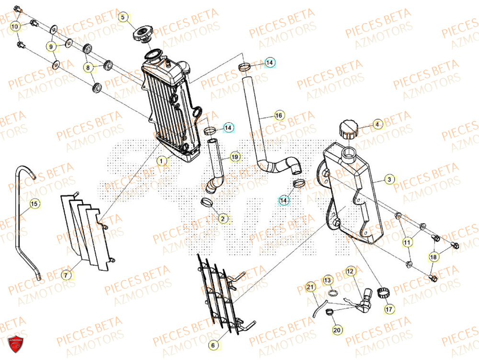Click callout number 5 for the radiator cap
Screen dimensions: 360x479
tap(123, 18)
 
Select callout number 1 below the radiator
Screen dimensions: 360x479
tap(162, 162)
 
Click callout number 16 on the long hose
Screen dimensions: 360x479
tap(279, 116)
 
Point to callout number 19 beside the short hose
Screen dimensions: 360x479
tap(234, 157)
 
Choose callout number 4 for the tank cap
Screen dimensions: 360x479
tap(377, 125)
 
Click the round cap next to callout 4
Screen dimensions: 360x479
tap(347, 130)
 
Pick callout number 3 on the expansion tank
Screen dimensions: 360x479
tap(389, 180)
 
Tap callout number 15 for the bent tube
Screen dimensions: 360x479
tap(34, 205)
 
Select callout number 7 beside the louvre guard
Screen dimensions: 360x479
tap(67, 275)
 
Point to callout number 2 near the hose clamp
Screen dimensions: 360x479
tap(222, 219)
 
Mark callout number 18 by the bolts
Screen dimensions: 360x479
tap(433, 257)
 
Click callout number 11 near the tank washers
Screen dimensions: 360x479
tap(407, 243)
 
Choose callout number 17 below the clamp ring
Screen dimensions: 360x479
tap(388, 309)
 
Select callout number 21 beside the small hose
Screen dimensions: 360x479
tap(311, 288)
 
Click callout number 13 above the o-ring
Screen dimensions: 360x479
tap(328, 279)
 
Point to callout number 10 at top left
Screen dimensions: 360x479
tap(15, 26)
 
